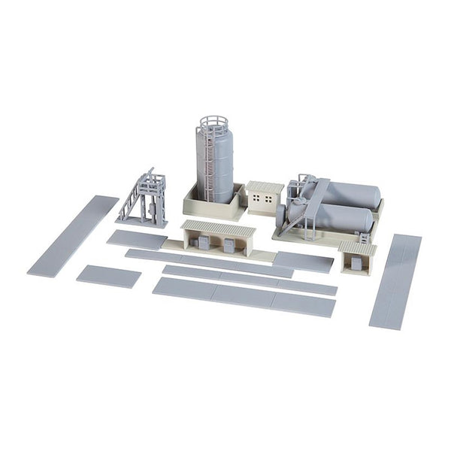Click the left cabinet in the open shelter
tap(203, 244)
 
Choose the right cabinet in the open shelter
tap(229, 245)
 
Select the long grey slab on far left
tap(72, 235)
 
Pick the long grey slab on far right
tap(395, 280)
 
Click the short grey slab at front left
tap(108, 276)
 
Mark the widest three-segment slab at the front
tap(244, 296)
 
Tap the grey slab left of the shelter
tap(137, 240)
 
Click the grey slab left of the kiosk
tap(303, 262)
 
